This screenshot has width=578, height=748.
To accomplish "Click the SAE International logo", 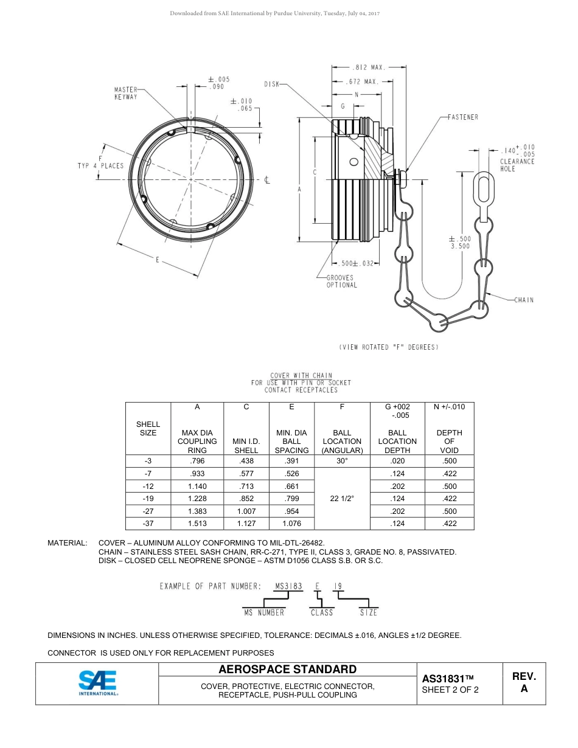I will pos(97,683).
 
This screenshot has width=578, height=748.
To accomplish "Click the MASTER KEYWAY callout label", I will pos(126,93).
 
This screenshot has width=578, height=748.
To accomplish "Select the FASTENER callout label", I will pos(462,117).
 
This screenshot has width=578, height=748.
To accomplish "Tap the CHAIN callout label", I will pos(524,300).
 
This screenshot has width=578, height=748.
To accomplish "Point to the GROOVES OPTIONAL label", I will pos(341,281).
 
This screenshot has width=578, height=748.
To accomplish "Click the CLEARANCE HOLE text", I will pos(517,165).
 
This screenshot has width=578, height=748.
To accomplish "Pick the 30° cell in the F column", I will pos(342,461).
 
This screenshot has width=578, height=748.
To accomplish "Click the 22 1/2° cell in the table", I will pos(342,499).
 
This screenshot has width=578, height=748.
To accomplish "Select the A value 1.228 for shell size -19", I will pos(197,499).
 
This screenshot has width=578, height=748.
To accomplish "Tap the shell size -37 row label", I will pos(148,523).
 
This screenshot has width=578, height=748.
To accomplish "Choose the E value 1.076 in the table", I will pos(291,523).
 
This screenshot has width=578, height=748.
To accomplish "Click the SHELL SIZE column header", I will pos(148,429).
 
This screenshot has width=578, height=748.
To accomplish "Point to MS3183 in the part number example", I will pos(288,586).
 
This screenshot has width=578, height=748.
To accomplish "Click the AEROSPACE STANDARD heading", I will pos(287,670).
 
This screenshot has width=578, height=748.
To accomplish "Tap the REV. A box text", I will pos(524,682).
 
